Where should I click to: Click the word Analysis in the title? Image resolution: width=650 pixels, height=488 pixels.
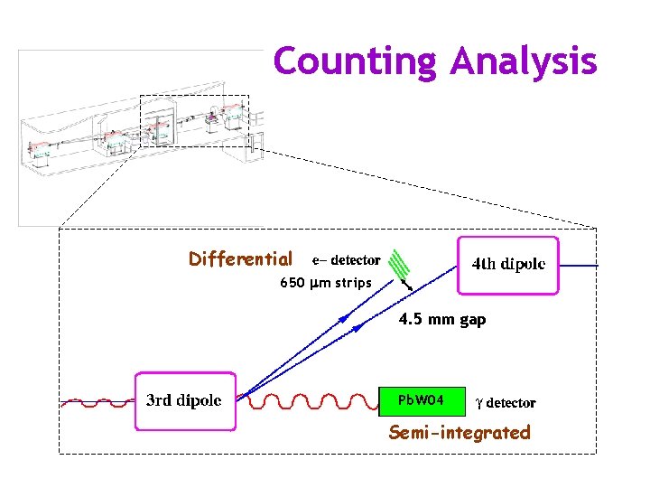pyautogui.click(x=524, y=61)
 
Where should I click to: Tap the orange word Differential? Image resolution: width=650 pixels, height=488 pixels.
pyautogui.click(x=240, y=259)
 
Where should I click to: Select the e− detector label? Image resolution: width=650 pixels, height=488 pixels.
pyautogui.click(x=346, y=260)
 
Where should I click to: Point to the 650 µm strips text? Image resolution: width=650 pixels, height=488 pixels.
pyautogui.click(x=325, y=283)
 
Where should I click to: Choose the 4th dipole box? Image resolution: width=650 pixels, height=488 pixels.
pyautogui.click(x=508, y=265)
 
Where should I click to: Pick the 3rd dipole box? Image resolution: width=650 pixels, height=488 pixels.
pyautogui.click(x=184, y=400)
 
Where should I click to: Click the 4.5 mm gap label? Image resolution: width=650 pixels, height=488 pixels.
pyautogui.click(x=442, y=319)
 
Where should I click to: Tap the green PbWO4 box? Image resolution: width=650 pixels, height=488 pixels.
pyautogui.click(x=422, y=399)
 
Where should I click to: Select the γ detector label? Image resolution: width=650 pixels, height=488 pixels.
pyautogui.click(x=506, y=403)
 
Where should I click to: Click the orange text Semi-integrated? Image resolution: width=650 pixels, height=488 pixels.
pyautogui.click(x=460, y=433)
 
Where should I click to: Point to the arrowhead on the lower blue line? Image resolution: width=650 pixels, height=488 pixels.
pyautogui.click(x=358, y=330)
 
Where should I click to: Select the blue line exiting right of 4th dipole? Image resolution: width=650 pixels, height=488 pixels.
pyautogui.click(x=579, y=266)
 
